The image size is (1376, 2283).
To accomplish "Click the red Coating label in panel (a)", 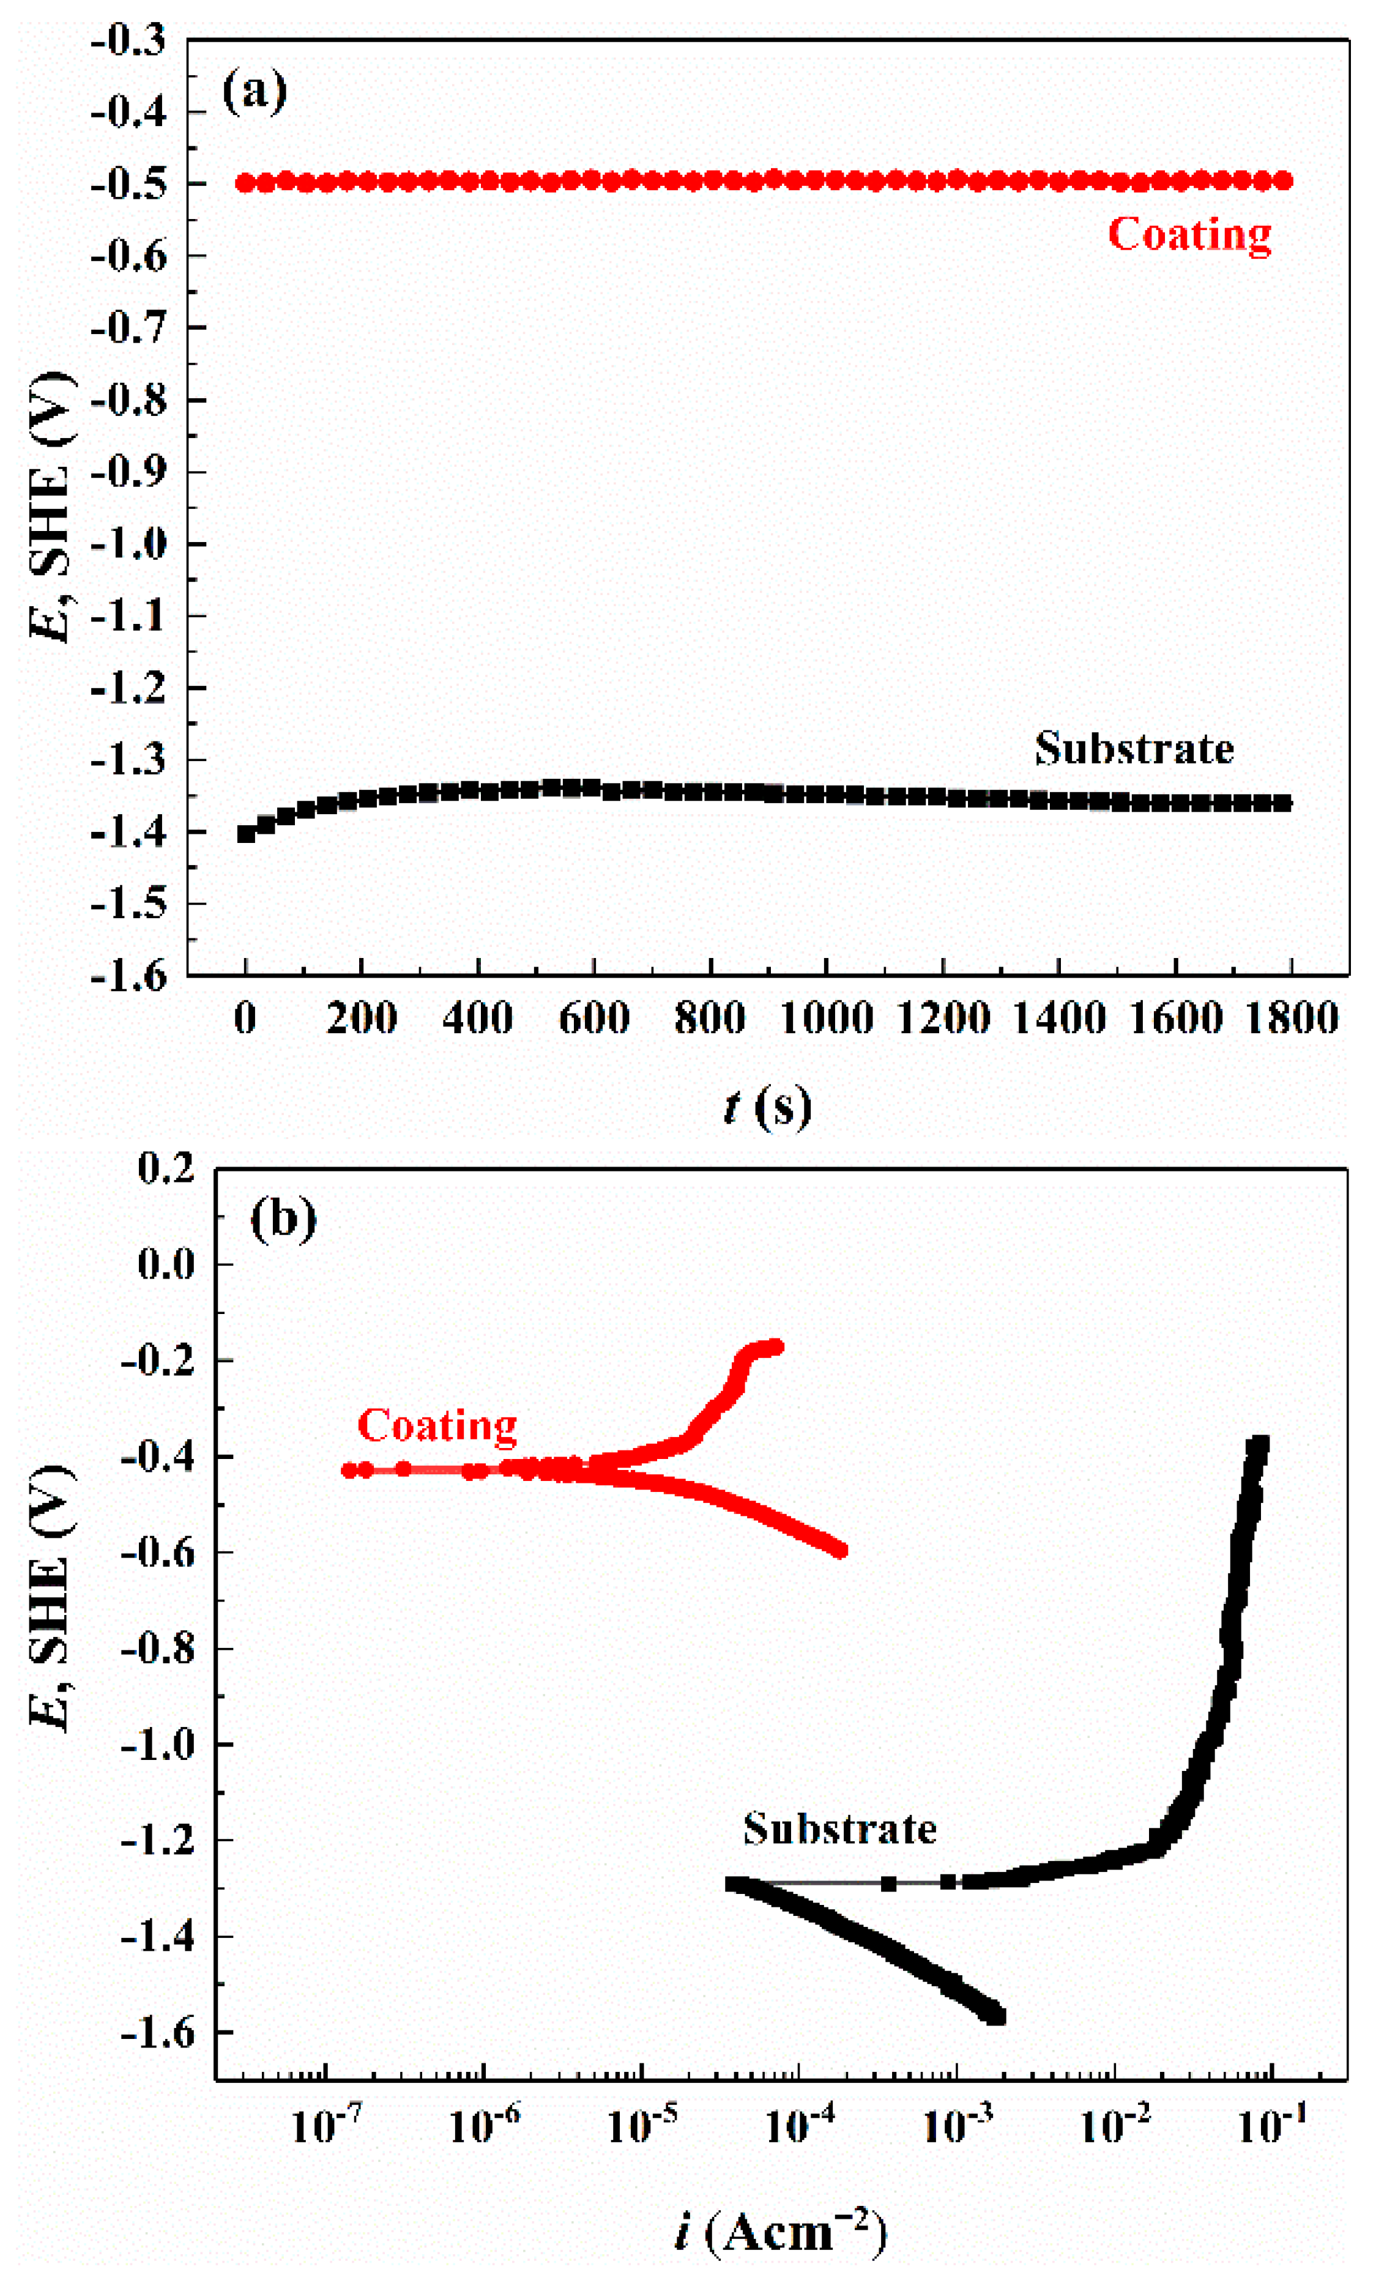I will tap(1189, 234).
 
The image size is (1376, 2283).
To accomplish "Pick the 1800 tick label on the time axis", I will tap(1292, 1019).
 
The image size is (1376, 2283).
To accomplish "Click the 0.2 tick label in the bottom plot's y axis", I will tap(167, 1169).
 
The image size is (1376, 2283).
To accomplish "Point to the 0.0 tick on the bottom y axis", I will tap(167, 1264).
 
